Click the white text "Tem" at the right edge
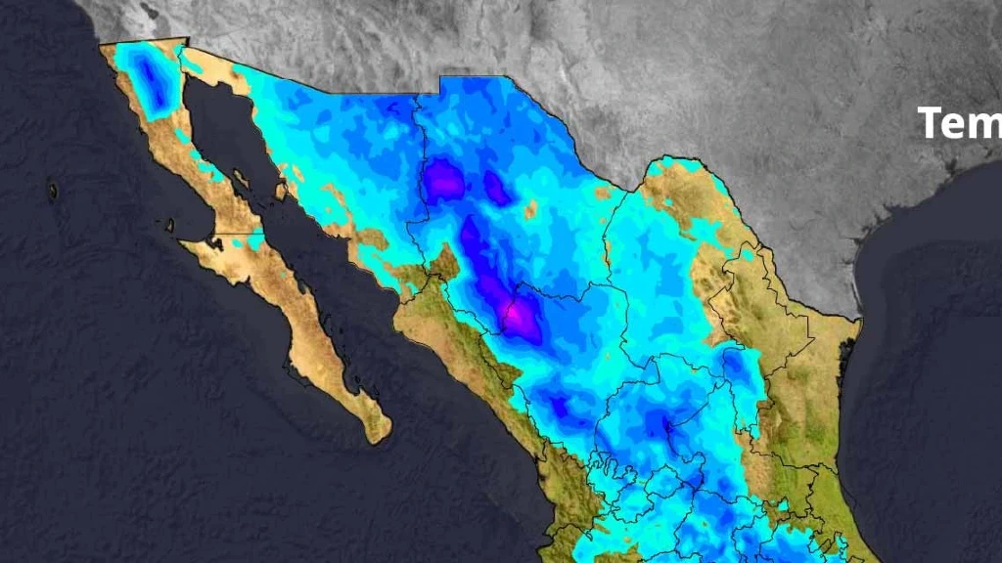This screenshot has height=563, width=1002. pos(960,123)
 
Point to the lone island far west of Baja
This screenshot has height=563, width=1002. pos(52,191)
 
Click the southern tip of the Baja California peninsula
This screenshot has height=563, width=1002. pos(376,436)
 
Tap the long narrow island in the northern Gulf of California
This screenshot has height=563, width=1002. pos(239,180)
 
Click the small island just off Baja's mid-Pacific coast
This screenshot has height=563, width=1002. pos(169,225)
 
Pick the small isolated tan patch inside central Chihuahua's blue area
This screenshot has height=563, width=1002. pos(530,209)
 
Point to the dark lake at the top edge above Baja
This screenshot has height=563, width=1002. pos(148,12)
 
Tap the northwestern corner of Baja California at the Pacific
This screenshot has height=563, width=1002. pos(102,45)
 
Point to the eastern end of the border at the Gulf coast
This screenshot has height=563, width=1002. pos(858,318)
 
